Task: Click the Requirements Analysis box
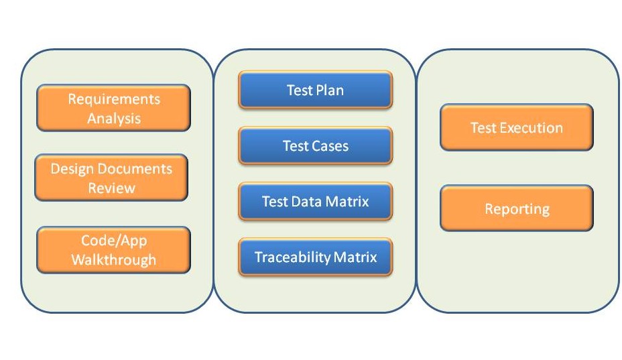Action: (113, 108)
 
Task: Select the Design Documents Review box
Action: (111, 178)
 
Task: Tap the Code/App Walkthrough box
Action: (113, 250)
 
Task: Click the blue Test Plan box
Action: (316, 90)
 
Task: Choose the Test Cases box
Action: (316, 145)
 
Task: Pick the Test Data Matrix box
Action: (316, 201)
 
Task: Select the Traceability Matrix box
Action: (316, 257)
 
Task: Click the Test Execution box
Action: (517, 127)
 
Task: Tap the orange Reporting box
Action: (517, 208)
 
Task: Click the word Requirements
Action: (114, 99)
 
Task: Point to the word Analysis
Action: (114, 119)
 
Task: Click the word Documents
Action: (135, 169)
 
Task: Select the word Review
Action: (111, 188)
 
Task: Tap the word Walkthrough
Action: (114, 259)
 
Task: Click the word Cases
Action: (331, 146)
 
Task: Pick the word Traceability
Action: (293, 257)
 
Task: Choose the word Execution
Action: (531, 128)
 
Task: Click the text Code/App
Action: (114, 241)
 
